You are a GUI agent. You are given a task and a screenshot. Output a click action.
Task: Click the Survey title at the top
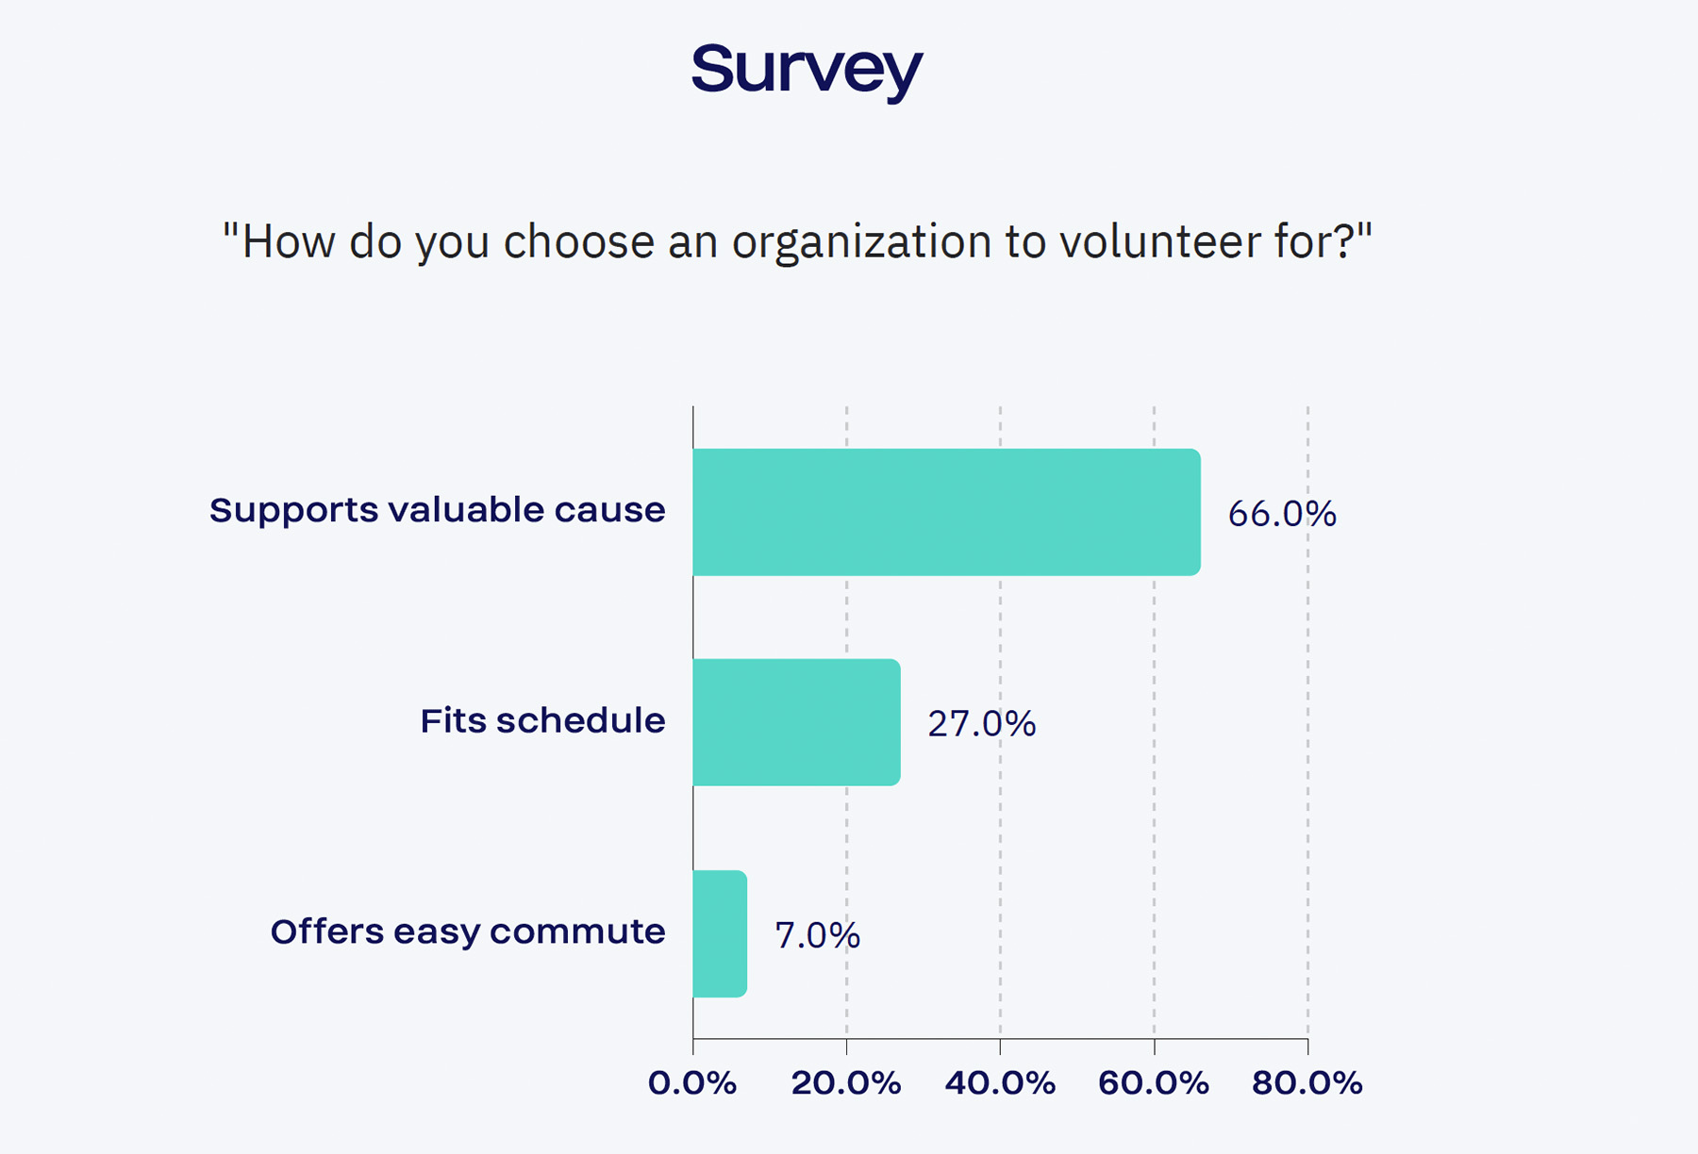tap(807, 70)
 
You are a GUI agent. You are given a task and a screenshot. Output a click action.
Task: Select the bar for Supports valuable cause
tap(946, 512)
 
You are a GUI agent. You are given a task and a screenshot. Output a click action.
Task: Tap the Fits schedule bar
tap(796, 722)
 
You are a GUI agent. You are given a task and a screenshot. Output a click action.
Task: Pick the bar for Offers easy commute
tap(720, 933)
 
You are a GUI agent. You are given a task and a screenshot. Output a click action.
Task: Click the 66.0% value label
tap(1282, 514)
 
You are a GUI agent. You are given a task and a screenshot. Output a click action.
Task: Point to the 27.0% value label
tap(981, 724)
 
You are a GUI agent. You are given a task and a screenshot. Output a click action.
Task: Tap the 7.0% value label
tap(817, 935)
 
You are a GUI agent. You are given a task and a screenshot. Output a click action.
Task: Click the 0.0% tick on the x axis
tap(692, 1083)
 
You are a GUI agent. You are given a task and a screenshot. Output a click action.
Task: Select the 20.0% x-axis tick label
tap(846, 1083)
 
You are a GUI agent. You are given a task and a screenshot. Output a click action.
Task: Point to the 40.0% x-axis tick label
tap(1000, 1083)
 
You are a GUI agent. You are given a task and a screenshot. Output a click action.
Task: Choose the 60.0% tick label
tap(1154, 1083)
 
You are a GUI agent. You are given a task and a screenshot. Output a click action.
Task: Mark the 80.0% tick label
tap(1307, 1083)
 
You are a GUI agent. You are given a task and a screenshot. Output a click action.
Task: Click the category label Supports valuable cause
tap(437, 510)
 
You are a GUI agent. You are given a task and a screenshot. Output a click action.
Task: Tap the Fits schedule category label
tap(542, 720)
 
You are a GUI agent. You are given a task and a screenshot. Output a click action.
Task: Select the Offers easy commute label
tap(468, 931)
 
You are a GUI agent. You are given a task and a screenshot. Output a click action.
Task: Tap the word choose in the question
tap(578, 241)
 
